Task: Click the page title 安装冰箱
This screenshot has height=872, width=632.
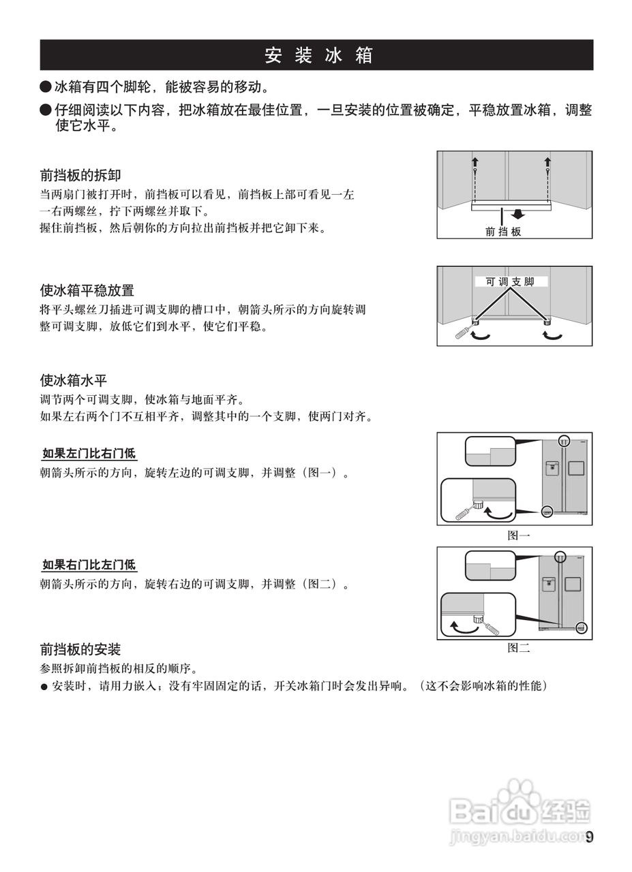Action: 318,55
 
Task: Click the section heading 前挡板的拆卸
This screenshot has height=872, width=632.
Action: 80,175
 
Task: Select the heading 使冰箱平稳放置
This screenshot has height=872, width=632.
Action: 87,291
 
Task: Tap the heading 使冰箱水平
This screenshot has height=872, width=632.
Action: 74,380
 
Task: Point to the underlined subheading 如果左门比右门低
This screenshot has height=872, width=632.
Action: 89,453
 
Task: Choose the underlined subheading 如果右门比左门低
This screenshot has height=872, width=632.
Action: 89,565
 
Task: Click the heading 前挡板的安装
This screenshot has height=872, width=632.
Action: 80,649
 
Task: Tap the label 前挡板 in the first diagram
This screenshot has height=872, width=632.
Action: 503,232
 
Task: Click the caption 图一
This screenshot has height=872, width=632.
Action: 518,535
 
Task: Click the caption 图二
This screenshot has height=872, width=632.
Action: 518,648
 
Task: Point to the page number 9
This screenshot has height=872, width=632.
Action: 590,837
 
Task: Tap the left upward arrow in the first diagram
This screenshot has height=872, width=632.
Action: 475,161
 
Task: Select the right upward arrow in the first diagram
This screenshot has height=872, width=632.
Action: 547,161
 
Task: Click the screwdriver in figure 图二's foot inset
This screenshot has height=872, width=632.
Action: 490,626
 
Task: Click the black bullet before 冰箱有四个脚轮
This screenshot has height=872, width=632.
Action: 46,87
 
